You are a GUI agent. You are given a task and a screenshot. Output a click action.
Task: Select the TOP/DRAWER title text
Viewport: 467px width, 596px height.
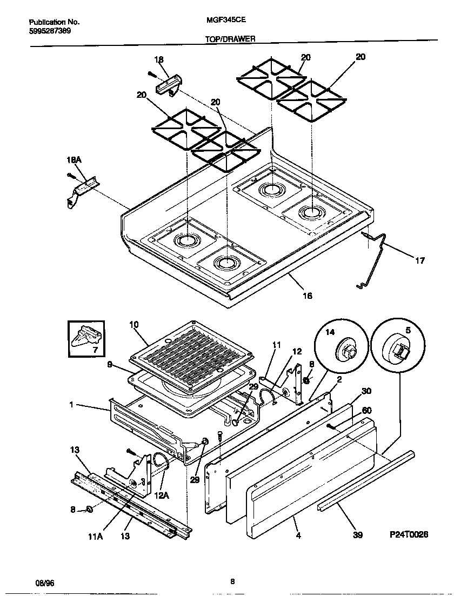(230, 39)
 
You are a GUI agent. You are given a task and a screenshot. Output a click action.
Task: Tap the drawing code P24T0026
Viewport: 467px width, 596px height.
(409, 534)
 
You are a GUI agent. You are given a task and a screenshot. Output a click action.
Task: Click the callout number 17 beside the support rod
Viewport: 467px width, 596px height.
(419, 261)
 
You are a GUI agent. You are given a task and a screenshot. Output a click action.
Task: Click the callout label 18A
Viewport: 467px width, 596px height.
(74, 160)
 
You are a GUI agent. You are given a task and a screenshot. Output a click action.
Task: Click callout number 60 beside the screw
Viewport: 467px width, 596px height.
(366, 411)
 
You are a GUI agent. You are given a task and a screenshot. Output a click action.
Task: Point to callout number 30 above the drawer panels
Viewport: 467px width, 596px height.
(366, 391)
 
